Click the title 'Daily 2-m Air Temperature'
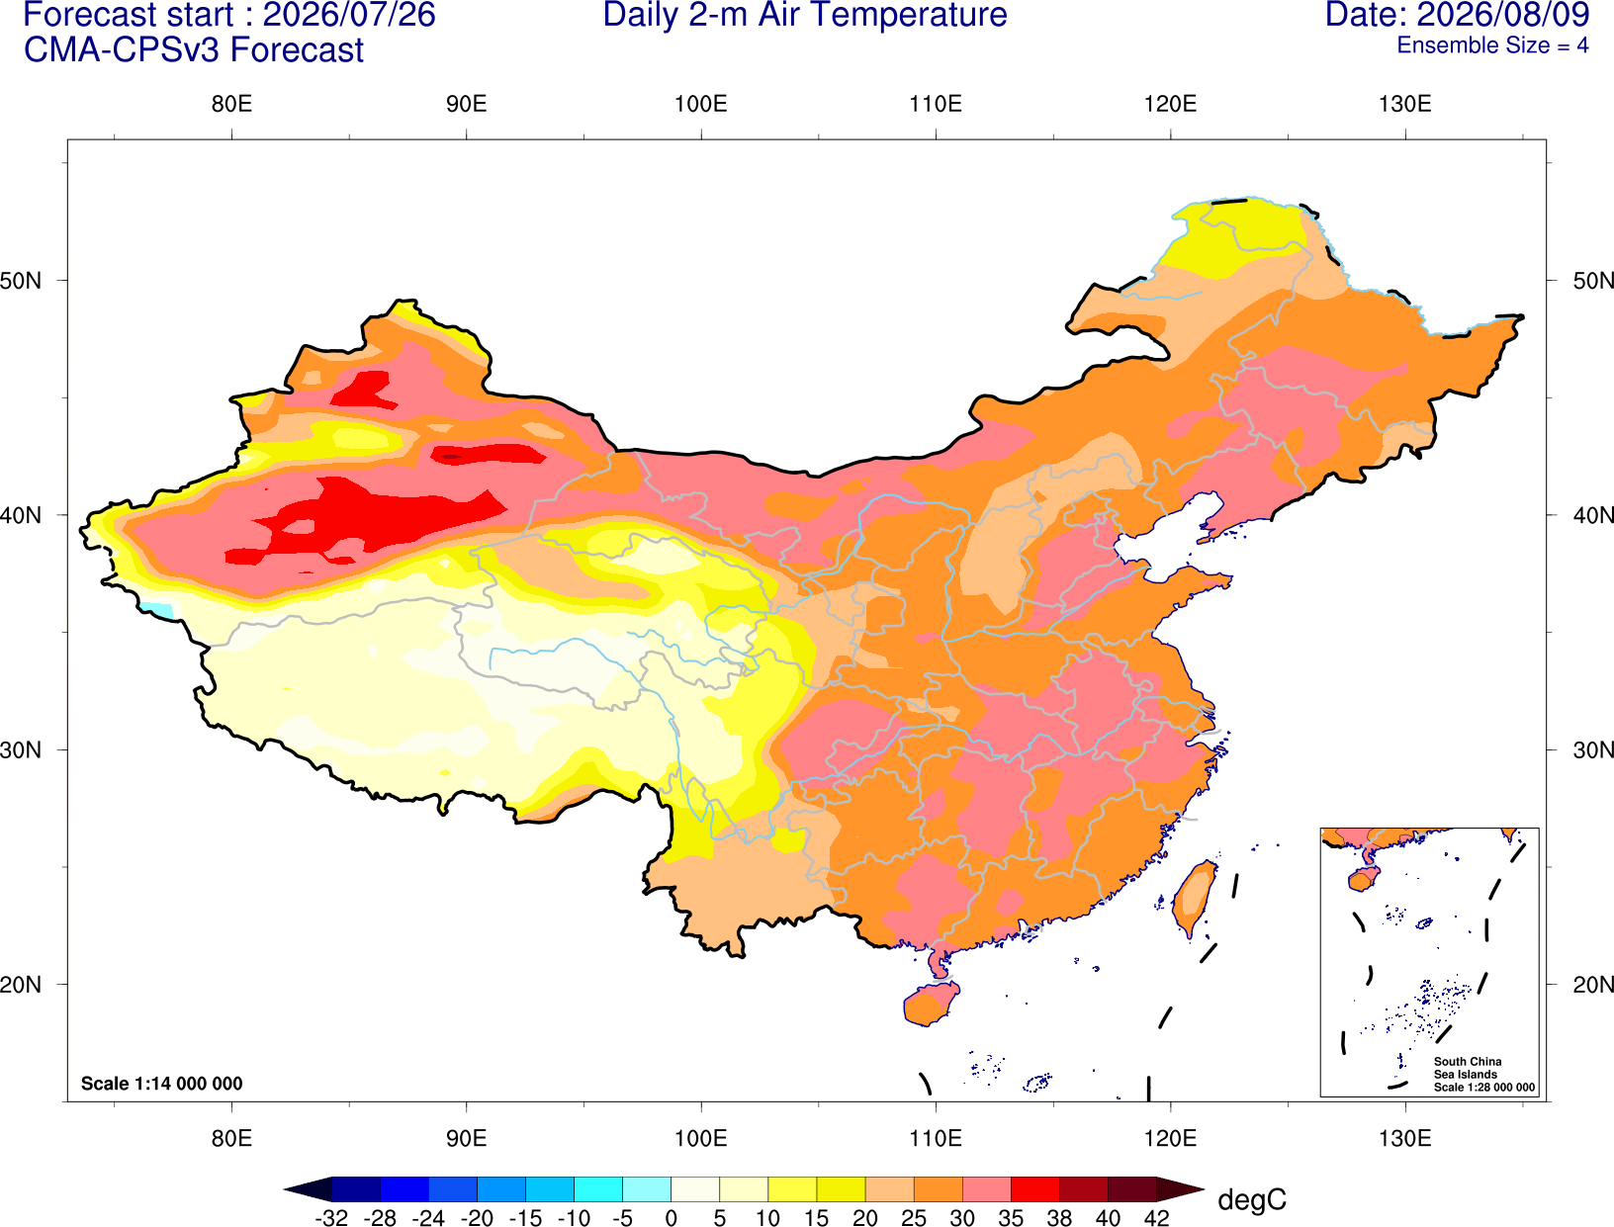(x=804, y=15)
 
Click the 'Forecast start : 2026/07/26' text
(x=229, y=15)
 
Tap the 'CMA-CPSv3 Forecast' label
(x=194, y=50)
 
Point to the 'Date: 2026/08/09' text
(x=1458, y=15)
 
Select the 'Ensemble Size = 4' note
(x=1492, y=45)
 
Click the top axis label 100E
(x=701, y=104)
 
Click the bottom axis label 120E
(x=1170, y=1139)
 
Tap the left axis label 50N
(x=21, y=281)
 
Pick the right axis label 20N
(x=1592, y=985)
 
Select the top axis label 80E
(x=231, y=104)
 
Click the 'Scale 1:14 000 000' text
(x=162, y=1084)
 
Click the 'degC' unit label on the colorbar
(x=1252, y=1199)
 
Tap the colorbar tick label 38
(x=1059, y=1217)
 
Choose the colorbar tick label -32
(x=331, y=1217)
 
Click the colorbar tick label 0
(x=671, y=1217)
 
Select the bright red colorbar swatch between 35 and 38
(x=1035, y=1188)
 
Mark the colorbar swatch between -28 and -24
(x=404, y=1188)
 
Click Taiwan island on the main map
(x=1194, y=899)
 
